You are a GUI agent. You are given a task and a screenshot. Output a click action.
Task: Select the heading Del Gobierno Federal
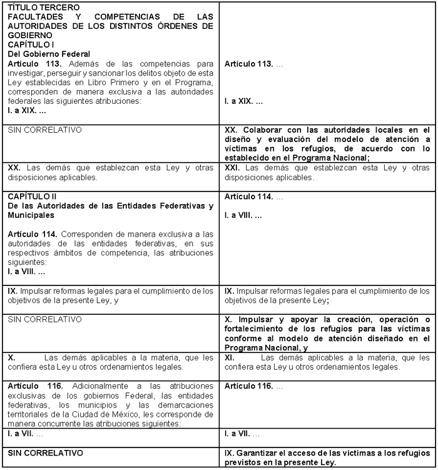[x=48, y=54]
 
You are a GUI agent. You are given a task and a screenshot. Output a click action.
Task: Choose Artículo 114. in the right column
[x=248, y=197]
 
